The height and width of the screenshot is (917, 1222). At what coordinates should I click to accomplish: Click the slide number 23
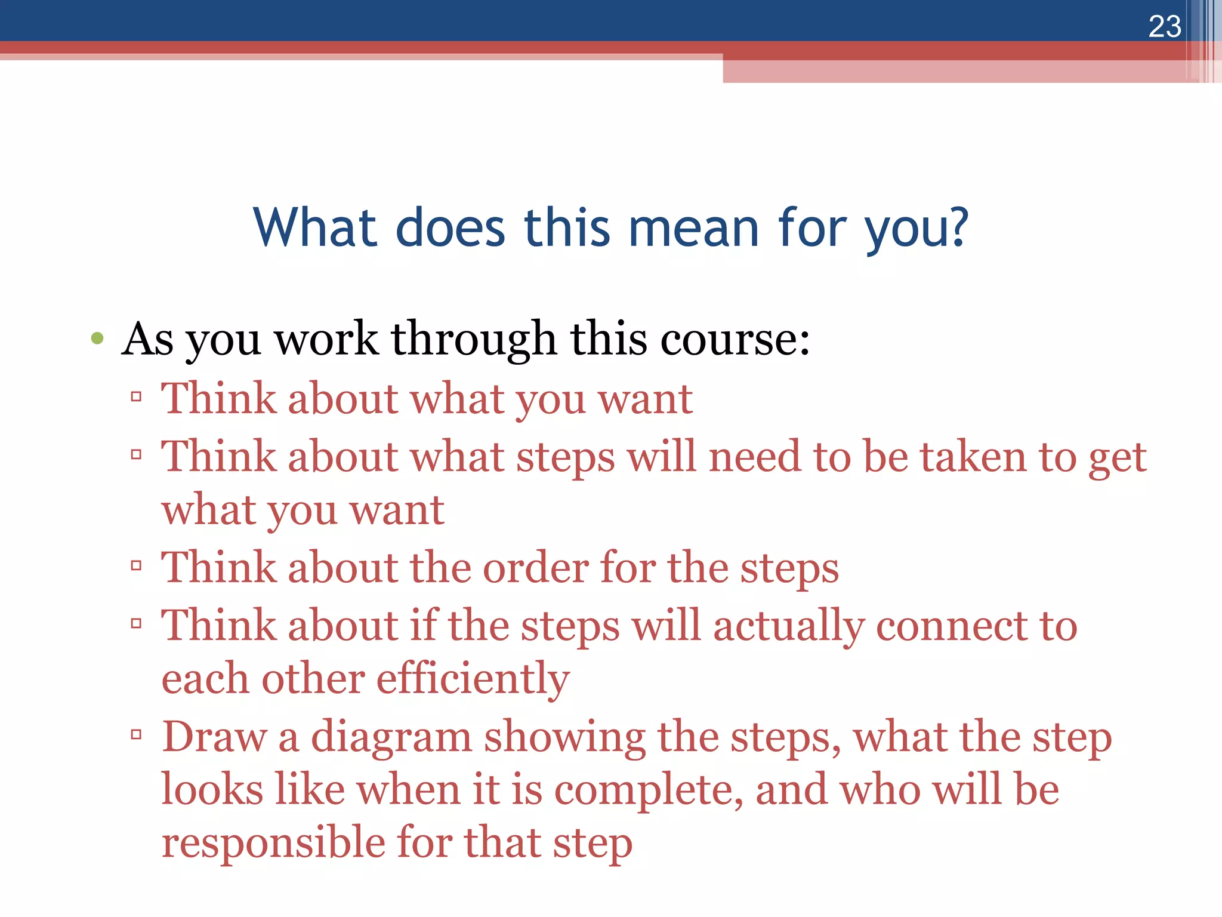[x=1164, y=27]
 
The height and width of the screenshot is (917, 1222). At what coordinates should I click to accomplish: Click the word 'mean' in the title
[x=693, y=228]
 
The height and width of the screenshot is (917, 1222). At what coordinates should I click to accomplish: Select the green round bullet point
[x=97, y=339]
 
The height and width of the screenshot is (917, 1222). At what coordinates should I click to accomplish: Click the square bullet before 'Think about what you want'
[x=137, y=396]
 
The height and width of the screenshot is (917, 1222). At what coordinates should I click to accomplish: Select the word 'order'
[x=535, y=568]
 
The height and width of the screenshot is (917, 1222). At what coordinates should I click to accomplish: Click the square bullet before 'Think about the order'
[x=137, y=565]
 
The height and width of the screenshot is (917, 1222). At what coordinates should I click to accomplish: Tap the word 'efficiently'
[x=473, y=679]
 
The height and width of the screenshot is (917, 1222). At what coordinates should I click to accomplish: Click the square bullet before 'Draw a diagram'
[x=137, y=734]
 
